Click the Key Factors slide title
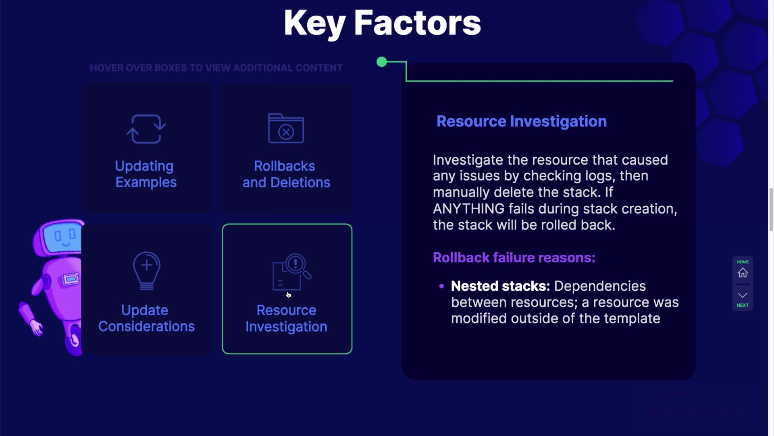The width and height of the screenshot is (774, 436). click(382, 23)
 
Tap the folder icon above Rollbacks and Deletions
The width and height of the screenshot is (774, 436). click(286, 128)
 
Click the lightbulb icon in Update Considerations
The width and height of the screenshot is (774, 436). click(147, 271)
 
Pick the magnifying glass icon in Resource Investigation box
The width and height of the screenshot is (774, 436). click(298, 266)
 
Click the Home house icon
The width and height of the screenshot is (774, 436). click(743, 273)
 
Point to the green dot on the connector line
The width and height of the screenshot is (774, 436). click(381, 62)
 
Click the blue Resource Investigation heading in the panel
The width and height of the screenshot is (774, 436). click(522, 121)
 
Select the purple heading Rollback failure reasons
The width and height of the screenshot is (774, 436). click(514, 258)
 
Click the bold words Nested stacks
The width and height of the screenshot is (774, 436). click(500, 286)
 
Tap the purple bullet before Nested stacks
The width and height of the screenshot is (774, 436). click(441, 286)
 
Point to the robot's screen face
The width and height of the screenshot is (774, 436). click(64, 236)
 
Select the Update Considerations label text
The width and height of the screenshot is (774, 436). click(146, 318)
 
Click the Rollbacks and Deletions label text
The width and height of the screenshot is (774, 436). click(286, 174)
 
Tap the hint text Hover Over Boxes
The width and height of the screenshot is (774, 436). click(216, 68)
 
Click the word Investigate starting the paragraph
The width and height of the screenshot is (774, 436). click(468, 160)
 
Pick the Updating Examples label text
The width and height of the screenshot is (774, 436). click(146, 174)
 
